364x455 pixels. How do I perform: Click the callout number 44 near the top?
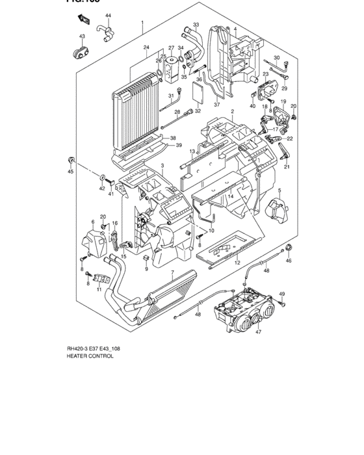(109, 15)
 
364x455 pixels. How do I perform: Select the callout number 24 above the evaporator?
(146, 47)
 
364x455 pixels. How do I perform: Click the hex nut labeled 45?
(71, 161)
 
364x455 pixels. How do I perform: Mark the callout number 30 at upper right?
(276, 58)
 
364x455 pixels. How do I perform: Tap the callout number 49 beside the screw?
(281, 294)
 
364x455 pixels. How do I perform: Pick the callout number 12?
(238, 263)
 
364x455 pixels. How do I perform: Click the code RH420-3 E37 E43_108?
(93, 348)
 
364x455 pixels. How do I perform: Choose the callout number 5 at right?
(279, 190)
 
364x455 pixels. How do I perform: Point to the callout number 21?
(287, 167)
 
